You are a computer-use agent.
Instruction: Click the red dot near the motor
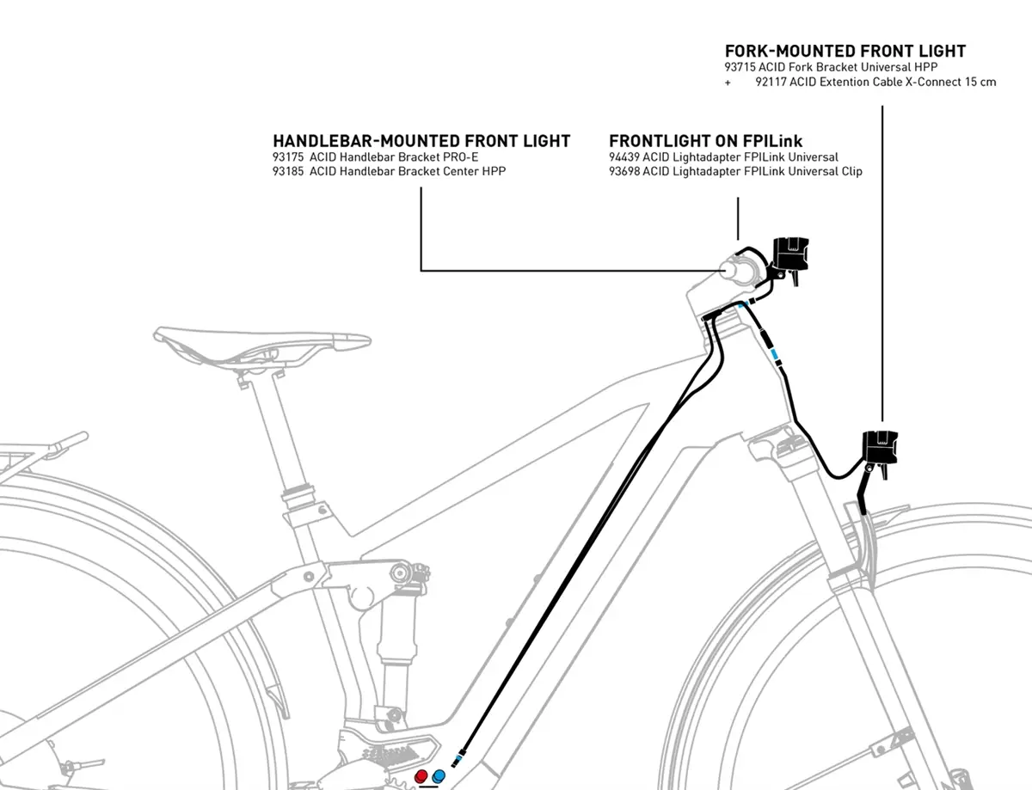point(421,777)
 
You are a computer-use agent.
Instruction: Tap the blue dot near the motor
point(439,777)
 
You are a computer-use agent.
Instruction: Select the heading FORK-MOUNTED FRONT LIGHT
point(845,52)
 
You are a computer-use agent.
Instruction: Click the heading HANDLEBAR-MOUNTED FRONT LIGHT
point(421,141)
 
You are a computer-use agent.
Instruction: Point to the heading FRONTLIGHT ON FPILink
point(705,141)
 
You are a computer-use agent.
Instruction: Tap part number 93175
point(288,157)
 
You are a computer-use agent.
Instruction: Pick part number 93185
point(288,171)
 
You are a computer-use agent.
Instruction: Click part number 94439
point(624,157)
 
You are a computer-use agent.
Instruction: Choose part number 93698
point(624,171)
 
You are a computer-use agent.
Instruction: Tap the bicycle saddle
point(261,344)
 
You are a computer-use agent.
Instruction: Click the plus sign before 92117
point(728,83)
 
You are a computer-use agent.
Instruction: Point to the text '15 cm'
point(980,82)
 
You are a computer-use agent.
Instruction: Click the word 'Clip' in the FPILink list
point(852,172)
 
